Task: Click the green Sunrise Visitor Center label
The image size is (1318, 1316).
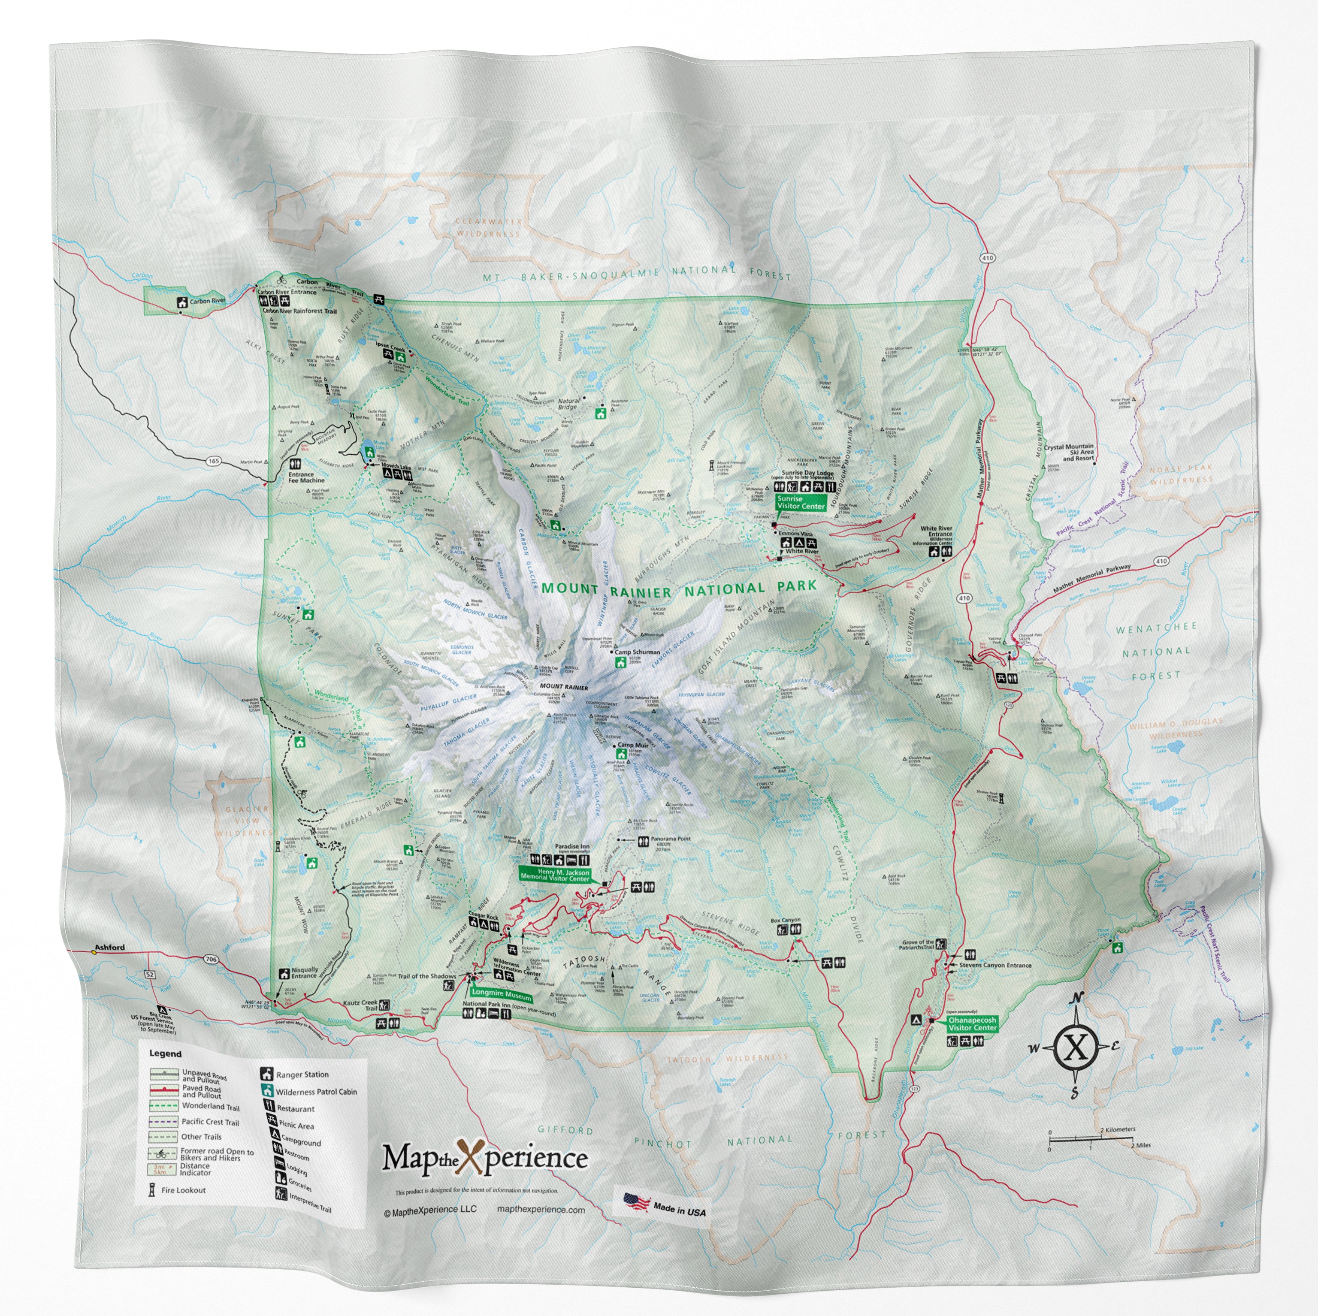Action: pyautogui.click(x=801, y=502)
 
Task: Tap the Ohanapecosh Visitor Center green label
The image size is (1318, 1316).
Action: pyautogui.click(x=972, y=1024)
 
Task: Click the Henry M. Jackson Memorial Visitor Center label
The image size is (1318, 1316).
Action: pyautogui.click(x=554, y=875)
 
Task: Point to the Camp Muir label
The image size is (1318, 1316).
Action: pyautogui.click(x=633, y=745)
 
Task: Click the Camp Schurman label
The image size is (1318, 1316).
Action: pyautogui.click(x=637, y=652)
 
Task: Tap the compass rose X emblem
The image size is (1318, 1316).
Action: pyautogui.click(x=1076, y=1047)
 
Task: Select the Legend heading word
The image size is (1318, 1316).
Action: pyautogui.click(x=165, y=1053)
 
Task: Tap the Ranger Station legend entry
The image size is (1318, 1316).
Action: pyautogui.click(x=302, y=1075)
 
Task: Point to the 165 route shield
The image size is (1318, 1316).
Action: pyautogui.click(x=214, y=461)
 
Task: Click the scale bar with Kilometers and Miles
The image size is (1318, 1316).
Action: pyautogui.click(x=1091, y=1137)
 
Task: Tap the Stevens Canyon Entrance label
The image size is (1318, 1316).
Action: pyautogui.click(x=995, y=966)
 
